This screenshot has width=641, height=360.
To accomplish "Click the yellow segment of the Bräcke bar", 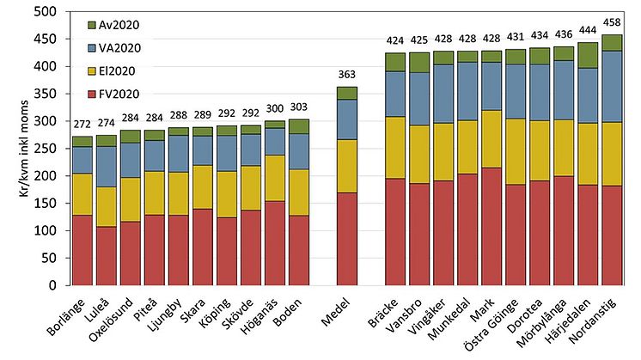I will pyautogui.click(x=395, y=148).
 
